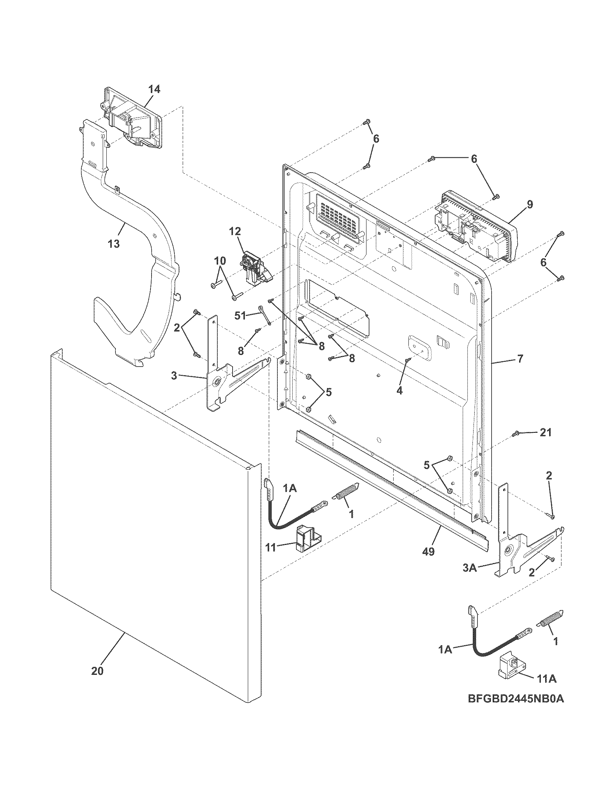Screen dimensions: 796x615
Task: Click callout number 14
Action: pos(154,89)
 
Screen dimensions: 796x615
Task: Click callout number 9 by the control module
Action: pos(529,204)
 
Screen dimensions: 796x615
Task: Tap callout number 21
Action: pos(545,433)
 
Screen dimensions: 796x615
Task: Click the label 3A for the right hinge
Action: pos(470,578)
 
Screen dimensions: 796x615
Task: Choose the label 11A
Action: pos(546,679)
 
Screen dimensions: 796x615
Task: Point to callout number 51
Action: pos(240,316)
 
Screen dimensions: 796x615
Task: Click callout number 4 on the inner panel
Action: pos(400,390)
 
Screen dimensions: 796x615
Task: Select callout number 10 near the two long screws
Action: pos(220,261)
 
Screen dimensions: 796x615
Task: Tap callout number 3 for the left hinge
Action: pos(174,376)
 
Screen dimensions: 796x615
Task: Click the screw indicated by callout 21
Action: pos(516,434)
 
